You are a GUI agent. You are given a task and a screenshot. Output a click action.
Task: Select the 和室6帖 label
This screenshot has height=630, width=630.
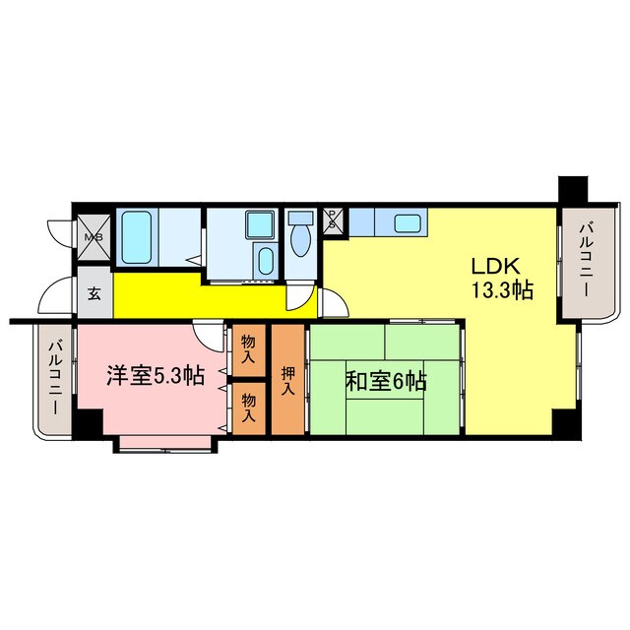(385, 380)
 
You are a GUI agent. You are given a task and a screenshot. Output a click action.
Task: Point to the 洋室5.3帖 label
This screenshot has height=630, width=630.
(156, 375)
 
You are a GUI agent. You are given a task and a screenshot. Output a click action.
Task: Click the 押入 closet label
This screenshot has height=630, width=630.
(288, 380)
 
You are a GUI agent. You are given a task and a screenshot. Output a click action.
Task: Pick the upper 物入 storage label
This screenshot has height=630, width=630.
(248, 349)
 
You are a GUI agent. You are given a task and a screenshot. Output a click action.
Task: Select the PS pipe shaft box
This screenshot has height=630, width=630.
(334, 219)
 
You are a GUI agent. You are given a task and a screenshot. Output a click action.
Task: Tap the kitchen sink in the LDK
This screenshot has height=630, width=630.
(408, 223)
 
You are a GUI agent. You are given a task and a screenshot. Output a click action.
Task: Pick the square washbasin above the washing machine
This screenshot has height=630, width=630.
(260, 225)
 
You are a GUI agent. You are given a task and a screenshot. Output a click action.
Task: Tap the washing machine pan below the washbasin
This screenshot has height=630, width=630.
(264, 261)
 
